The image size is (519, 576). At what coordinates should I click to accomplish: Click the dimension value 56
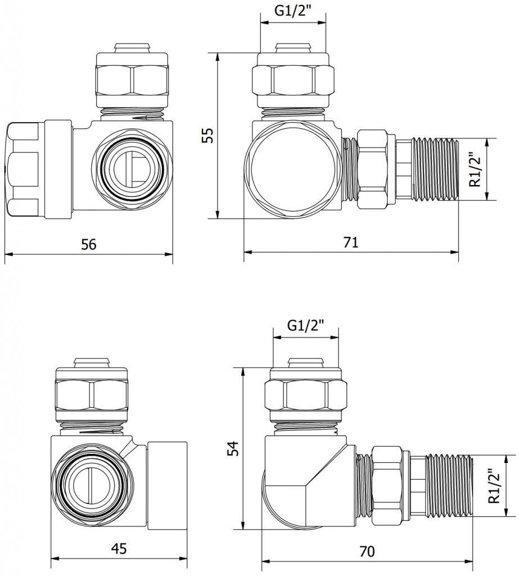coord(89,244)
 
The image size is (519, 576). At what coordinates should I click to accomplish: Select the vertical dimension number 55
coord(208,136)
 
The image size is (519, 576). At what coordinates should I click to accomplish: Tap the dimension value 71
coord(351,242)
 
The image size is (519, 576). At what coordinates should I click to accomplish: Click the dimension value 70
coord(367,551)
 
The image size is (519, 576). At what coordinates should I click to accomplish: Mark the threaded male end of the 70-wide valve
coord(450,485)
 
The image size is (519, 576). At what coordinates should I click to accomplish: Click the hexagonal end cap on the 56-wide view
coord(23,169)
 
